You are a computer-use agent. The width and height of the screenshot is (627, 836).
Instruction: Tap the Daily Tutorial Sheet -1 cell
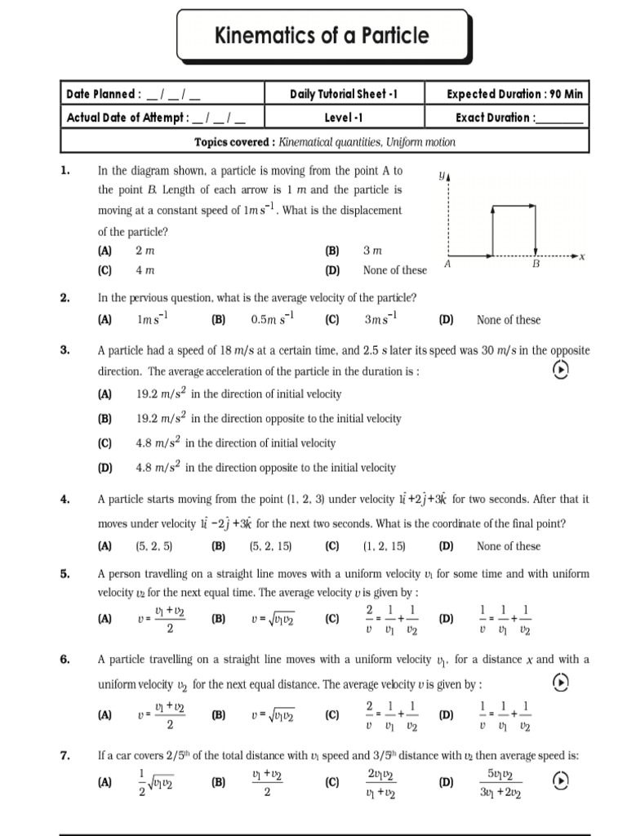[x=343, y=94]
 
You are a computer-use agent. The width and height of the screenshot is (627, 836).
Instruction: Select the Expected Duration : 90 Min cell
[x=514, y=94]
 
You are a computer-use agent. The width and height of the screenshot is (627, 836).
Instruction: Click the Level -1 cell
[x=343, y=118]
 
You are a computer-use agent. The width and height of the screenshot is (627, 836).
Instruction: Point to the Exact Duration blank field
[x=559, y=119]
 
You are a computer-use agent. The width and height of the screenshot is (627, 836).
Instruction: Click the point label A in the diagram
[x=447, y=265]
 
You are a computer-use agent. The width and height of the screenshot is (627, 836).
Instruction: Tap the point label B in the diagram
[x=536, y=265]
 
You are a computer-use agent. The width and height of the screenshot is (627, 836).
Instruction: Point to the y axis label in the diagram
[x=442, y=175]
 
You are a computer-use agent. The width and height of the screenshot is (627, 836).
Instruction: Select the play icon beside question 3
[x=560, y=371]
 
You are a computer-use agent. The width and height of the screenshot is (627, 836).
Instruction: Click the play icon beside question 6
[x=560, y=681]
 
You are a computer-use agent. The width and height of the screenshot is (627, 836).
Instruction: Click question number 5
[x=66, y=574]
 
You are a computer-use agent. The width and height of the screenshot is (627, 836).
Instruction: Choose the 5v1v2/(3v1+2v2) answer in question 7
[x=500, y=782]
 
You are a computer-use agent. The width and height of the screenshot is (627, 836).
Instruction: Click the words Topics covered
[x=234, y=142]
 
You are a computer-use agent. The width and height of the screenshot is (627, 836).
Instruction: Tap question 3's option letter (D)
[x=104, y=468]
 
